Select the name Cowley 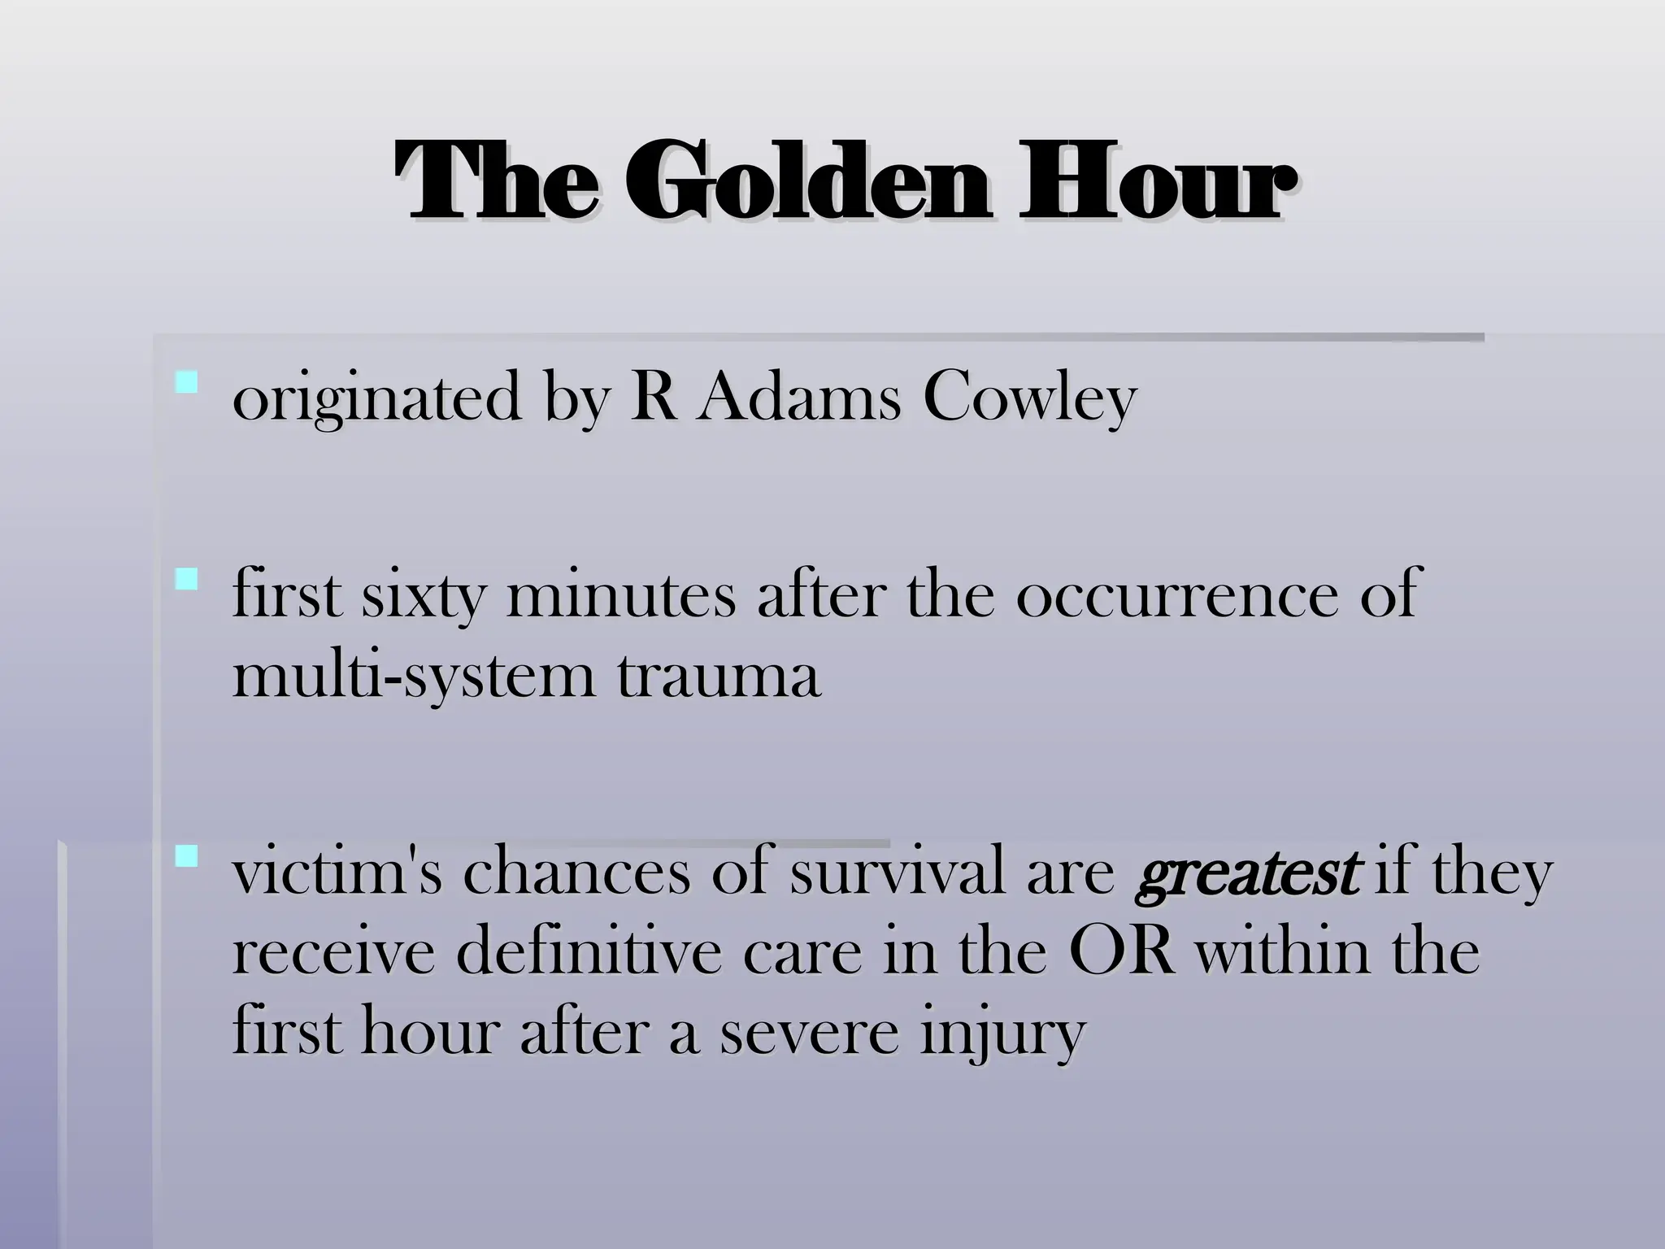coord(1029,398)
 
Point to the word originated coord(376,398)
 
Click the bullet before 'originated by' coord(187,381)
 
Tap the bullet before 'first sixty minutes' coord(187,579)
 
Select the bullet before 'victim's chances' coord(187,855)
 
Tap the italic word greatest coord(1246,873)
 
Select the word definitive coord(589,952)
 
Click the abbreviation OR coord(1122,952)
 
